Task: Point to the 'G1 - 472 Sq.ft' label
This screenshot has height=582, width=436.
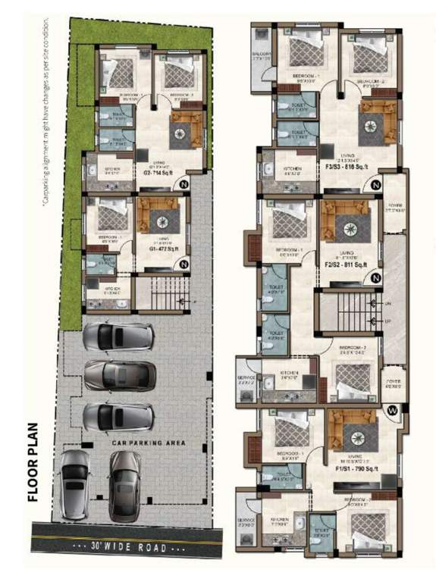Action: [x=160, y=247]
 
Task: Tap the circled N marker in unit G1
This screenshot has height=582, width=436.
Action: [x=183, y=264]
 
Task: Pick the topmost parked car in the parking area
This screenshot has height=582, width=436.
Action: [x=119, y=337]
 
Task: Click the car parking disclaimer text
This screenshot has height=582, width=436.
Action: [x=47, y=114]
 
